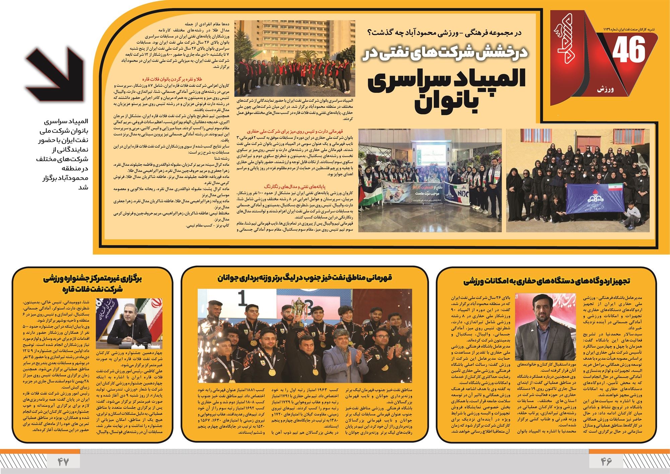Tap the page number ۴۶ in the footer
click(606, 462)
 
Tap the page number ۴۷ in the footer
click(63, 462)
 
